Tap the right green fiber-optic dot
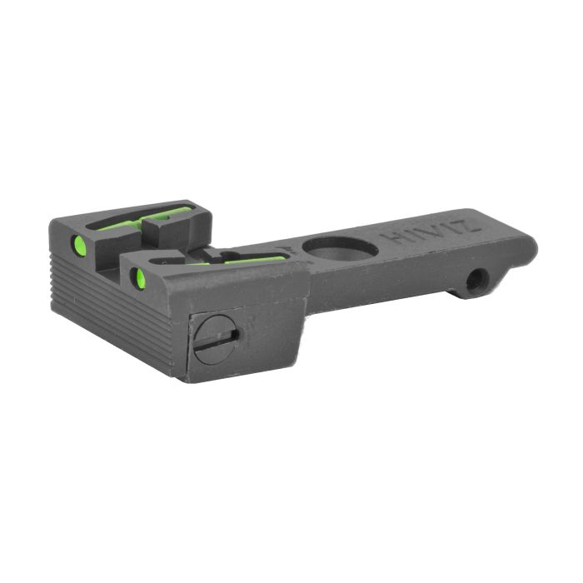[140, 277]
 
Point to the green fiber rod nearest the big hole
[254, 259]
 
